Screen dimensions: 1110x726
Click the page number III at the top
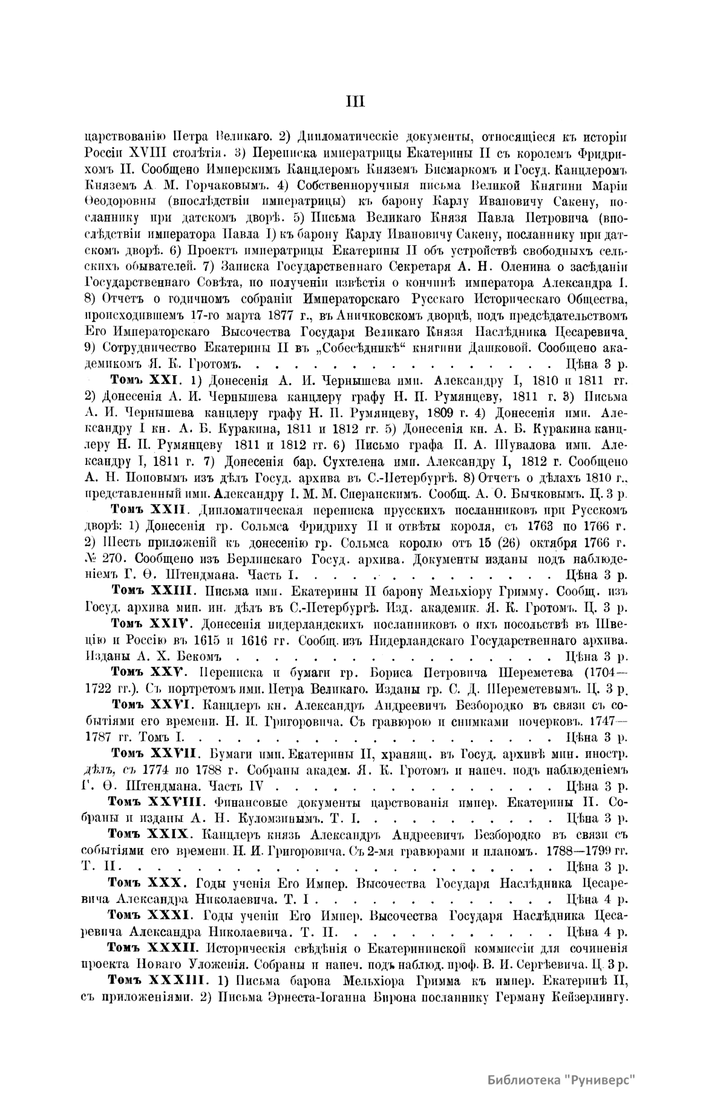pyautogui.click(x=355, y=102)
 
